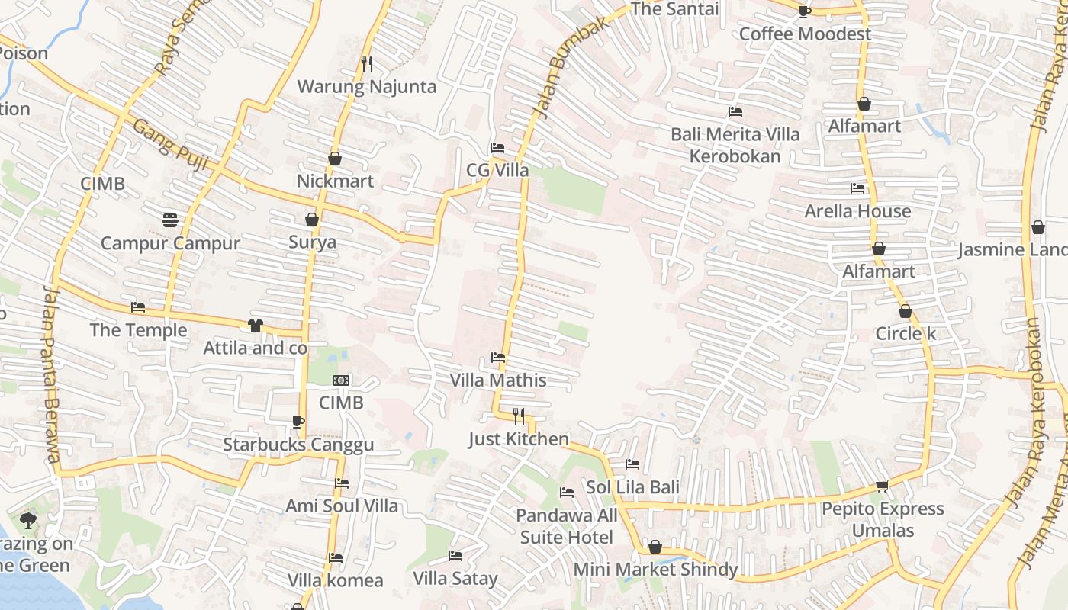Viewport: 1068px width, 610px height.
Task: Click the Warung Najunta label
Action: click(366, 86)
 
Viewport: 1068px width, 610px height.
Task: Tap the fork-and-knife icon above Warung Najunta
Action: click(367, 63)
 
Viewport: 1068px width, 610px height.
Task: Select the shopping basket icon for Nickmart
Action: click(334, 159)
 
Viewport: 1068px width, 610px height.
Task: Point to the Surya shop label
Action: click(312, 242)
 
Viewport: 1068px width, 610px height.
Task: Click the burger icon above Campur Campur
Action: click(170, 220)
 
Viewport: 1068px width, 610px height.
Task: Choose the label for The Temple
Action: click(138, 330)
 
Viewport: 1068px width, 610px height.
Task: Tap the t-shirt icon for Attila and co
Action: click(255, 326)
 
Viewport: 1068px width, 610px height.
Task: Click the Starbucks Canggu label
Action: click(298, 445)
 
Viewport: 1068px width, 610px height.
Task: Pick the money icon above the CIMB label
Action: click(341, 380)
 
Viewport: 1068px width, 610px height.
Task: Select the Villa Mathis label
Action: click(498, 380)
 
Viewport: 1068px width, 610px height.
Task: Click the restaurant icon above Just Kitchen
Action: click(519, 416)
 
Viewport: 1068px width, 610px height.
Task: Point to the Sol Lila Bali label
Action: click(632, 486)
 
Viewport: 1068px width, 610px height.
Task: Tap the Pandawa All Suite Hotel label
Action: click(566, 526)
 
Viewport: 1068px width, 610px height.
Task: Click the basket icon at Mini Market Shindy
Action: click(655, 547)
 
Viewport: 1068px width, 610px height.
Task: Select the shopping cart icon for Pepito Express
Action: click(882, 486)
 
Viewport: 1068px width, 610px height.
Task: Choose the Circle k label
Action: click(905, 333)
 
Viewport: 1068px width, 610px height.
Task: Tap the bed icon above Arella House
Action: click(857, 188)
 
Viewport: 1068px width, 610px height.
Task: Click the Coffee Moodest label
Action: click(805, 34)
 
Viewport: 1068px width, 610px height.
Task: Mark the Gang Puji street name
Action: click(159, 138)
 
